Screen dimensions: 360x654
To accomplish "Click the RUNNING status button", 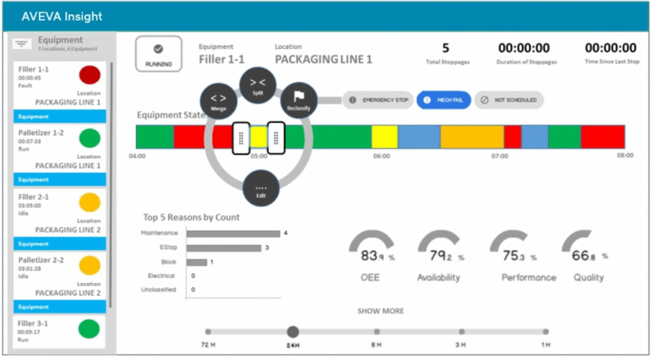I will coord(158,54).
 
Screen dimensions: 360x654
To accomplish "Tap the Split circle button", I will coord(257,86).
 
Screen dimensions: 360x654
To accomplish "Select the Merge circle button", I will coord(218,101).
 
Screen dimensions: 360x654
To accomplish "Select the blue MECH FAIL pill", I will coord(444,100).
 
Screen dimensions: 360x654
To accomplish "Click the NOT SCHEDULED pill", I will coord(509,100).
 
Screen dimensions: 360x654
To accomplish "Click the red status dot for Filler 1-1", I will coord(89,75).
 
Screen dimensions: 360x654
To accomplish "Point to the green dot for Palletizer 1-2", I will coord(89,138).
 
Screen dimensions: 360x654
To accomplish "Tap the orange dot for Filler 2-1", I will coord(89,202).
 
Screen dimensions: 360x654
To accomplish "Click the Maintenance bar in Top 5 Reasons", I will coord(233,234).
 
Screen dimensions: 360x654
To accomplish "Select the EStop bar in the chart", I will coord(224,248).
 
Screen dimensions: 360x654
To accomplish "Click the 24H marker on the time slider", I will coord(293,332).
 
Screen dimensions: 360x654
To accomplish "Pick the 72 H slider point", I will coord(208,332).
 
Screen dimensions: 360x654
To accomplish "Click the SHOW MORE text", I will coord(381,311).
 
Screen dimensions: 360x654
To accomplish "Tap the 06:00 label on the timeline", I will coord(381,156).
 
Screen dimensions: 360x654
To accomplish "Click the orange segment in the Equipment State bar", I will coord(472,137).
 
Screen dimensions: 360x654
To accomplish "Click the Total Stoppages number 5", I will coord(446,48).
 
